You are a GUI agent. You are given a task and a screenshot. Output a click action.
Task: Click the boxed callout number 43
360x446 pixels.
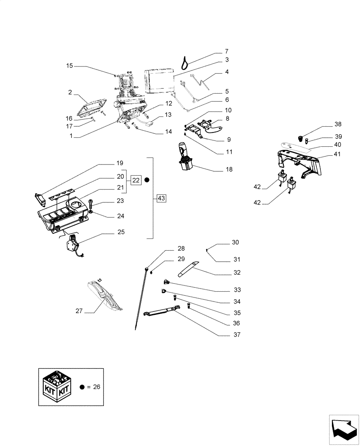click(161, 198)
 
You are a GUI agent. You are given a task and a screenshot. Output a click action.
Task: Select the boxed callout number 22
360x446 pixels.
click(136, 180)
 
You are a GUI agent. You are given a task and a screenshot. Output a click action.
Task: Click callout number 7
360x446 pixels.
click(226, 51)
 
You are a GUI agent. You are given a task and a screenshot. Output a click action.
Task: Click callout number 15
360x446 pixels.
click(70, 66)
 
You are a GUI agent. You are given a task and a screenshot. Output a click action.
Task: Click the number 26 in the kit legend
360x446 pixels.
click(96, 387)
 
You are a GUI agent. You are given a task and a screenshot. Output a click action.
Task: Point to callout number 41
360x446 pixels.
click(337, 154)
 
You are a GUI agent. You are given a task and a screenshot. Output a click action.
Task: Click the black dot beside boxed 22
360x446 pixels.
click(147, 180)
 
